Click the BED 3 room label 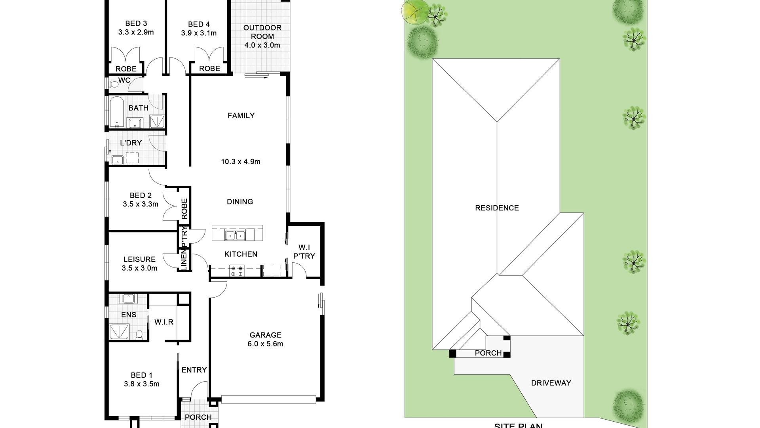click(136, 24)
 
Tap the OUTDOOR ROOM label click(262, 32)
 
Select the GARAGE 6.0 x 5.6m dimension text click(265, 344)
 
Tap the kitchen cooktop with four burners click(237, 271)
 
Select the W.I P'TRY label click(304, 252)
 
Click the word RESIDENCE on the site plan click(497, 208)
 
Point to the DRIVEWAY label click(551, 383)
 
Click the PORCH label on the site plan click(488, 353)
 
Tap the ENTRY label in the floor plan click(194, 370)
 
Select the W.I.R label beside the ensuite click(164, 322)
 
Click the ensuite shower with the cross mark click(119, 331)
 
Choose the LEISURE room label click(139, 260)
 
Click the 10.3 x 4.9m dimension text click(241, 162)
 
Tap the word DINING click(240, 202)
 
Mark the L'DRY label click(131, 143)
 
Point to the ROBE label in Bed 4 click(209, 69)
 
